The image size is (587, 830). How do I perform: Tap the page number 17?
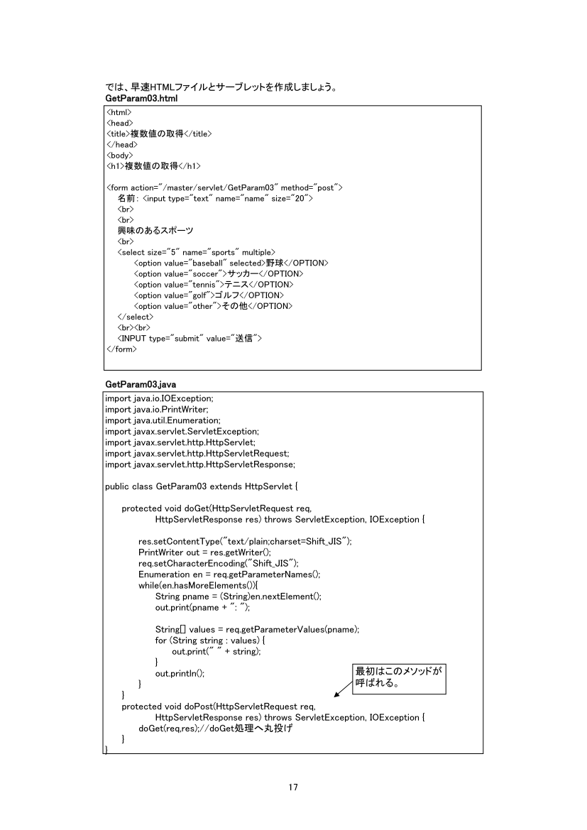pyautogui.click(x=293, y=787)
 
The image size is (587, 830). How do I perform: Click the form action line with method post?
pyautogui.click(x=224, y=187)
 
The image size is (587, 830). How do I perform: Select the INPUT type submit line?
pyautogui.click(x=190, y=339)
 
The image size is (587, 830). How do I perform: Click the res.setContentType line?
pyautogui.click(x=245, y=541)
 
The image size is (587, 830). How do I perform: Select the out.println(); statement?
pyautogui.click(x=180, y=673)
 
